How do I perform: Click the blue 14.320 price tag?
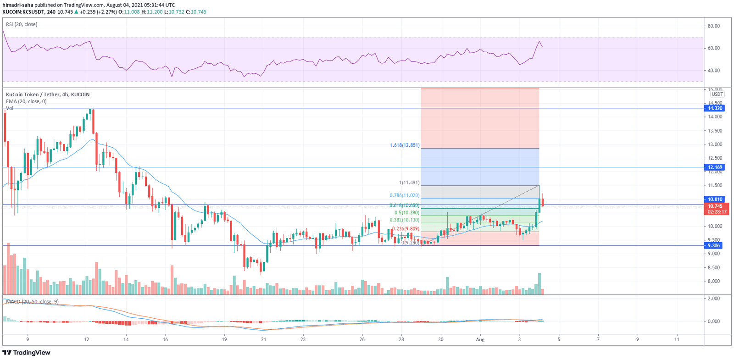pos(715,108)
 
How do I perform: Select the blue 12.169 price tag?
pos(715,167)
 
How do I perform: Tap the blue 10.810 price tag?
pos(715,199)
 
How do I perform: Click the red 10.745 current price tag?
pos(715,206)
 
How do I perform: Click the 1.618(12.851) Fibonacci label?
pos(405,145)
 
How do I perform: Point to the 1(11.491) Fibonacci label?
pos(409,183)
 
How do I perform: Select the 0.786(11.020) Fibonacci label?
pos(405,195)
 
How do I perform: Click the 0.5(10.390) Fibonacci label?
pos(407,213)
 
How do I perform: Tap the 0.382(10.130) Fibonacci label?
pos(405,220)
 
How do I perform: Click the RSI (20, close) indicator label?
pos(22,24)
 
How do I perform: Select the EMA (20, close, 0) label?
pos(26,101)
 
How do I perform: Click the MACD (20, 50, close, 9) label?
pos(32,302)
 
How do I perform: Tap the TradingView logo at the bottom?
pos(27,353)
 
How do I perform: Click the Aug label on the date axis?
pos(480,340)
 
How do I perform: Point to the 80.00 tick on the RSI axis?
pos(714,26)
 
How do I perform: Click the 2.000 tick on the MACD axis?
pos(714,299)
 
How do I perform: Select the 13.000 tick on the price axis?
pos(715,144)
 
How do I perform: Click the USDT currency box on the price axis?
pos(717,94)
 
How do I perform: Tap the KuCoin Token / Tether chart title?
pos(48,94)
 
